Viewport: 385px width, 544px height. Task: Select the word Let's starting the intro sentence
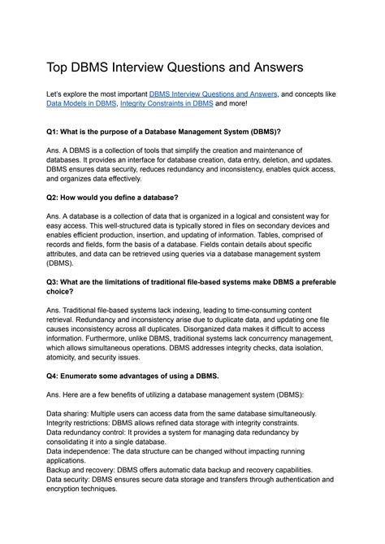pyautogui.click(x=56, y=95)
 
